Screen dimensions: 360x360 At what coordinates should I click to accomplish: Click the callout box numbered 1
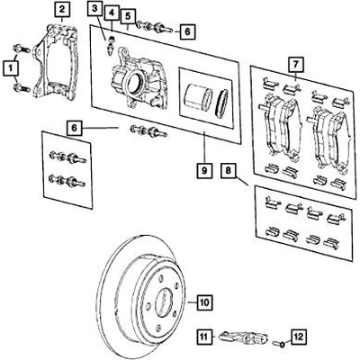pyautogui.click(x=10, y=66)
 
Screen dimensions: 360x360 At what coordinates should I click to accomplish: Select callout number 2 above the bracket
pyautogui.click(x=61, y=12)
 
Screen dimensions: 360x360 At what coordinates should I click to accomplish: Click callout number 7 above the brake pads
pyautogui.click(x=293, y=64)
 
